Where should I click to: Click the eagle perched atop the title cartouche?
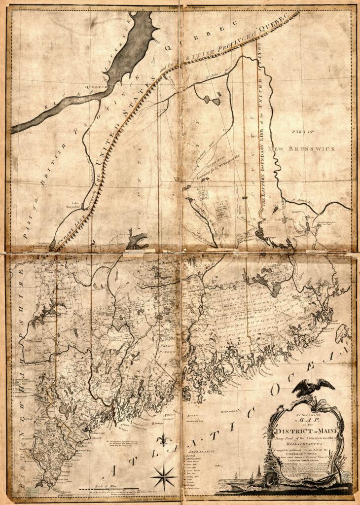click(x=310, y=388)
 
